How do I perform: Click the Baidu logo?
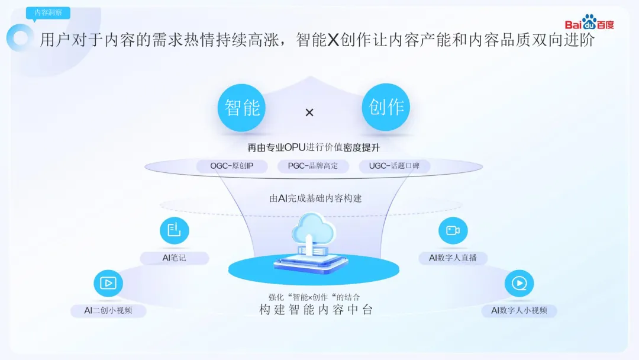tap(589, 23)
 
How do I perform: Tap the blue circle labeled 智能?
tap(242, 108)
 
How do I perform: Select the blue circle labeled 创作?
tap(386, 107)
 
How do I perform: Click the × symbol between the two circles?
tap(309, 112)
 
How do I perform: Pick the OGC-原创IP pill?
tap(231, 166)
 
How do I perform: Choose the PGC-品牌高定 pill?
tap(313, 166)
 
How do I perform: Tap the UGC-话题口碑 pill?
tap(395, 166)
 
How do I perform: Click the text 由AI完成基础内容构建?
tap(315, 198)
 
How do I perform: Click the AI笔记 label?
tap(175, 258)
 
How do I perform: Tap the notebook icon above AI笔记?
tap(175, 230)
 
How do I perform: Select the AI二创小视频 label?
tap(108, 311)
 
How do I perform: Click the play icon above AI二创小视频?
tap(108, 283)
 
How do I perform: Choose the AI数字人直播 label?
tap(453, 258)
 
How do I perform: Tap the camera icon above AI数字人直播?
tap(453, 230)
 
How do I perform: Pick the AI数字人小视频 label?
tap(519, 311)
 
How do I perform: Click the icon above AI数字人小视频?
tap(519, 283)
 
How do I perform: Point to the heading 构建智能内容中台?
tap(316, 310)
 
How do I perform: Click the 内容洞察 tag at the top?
tap(48, 12)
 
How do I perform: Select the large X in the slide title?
tap(334, 40)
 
